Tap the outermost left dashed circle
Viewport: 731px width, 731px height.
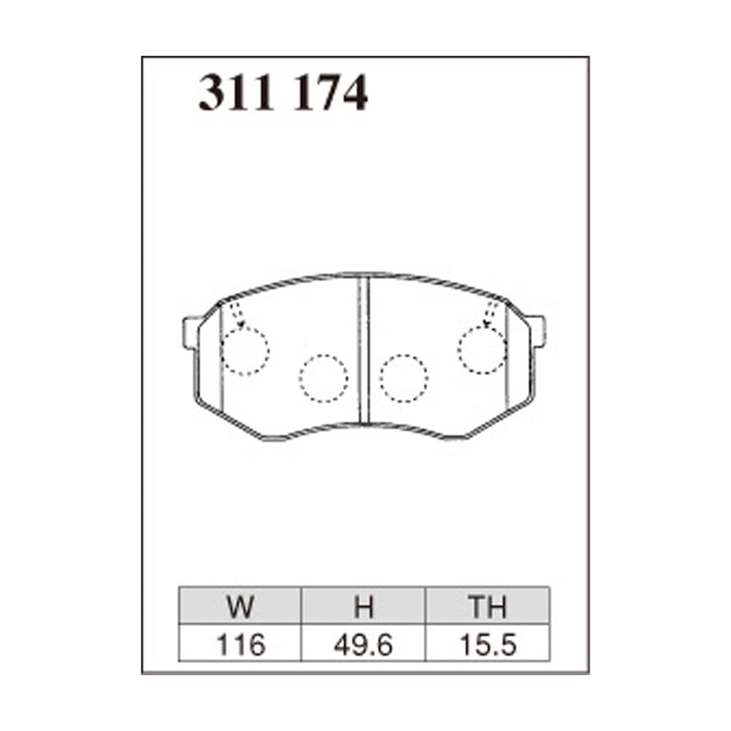[x=245, y=351]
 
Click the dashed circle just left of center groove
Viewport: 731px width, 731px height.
[x=323, y=376]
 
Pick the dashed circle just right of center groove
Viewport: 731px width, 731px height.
[x=404, y=376]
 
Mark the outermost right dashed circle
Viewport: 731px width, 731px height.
[x=482, y=350]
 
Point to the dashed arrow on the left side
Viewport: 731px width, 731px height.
[x=236, y=313]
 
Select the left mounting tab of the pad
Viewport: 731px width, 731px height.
[x=192, y=332]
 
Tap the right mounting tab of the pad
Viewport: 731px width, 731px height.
[x=536, y=330]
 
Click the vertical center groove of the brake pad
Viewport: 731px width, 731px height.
[x=364, y=350]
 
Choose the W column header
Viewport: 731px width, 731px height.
[x=241, y=607]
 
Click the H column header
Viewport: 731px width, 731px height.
[x=364, y=607]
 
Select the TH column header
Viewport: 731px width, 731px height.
[x=487, y=607]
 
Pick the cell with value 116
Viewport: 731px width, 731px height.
[x=241, y=644]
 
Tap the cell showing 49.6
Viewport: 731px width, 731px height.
[x=364, y=644]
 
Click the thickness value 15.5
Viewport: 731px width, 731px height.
[x=487, y=644]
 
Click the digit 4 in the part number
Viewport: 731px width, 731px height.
[x=353, y=94]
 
